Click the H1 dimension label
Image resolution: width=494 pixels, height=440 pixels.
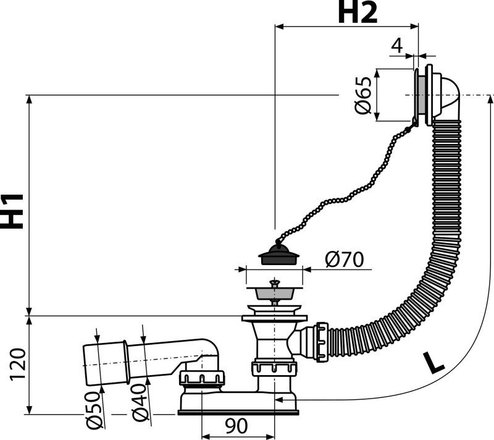click(x=14, y=210)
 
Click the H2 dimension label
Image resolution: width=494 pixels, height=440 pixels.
click(x=357, y=13)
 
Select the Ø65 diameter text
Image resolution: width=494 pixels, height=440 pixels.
click(x=363, y=95)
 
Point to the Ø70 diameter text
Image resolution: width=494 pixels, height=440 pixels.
click(x=343, y=260)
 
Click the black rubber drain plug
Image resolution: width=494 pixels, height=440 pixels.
click(x=276, y=255)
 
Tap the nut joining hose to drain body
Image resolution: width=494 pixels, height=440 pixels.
click(x=321, y=341)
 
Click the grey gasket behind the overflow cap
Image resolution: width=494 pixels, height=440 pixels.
click(x=422, y=95)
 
